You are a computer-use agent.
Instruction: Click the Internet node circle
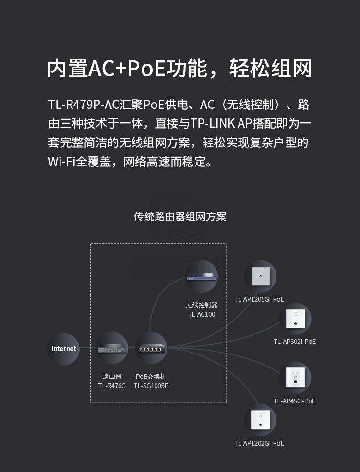(63, 349)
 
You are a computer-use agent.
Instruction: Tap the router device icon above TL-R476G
(112, 348)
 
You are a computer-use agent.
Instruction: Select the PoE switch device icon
(151, 348)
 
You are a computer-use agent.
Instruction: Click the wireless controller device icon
(202, 276)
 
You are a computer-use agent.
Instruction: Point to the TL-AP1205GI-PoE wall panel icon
(260, 276)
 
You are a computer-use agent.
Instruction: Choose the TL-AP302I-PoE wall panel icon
(295, 319)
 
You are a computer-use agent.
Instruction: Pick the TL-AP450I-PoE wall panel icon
(295, 378)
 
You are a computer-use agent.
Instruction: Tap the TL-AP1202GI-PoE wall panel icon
(260, 420)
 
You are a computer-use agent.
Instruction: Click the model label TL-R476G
(112, 386)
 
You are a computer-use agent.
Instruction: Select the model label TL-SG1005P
(151, 386)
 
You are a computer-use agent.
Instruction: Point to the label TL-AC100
(202, 314)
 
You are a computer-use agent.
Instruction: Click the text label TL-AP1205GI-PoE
(259, 299)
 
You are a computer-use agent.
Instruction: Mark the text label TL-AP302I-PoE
(295, 342)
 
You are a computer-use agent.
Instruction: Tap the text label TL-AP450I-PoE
(295, 401)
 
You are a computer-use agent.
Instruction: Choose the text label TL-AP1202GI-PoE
(259, 443)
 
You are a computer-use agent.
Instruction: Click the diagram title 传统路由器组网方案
(180, 217)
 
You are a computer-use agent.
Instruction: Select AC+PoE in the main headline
(127, 69)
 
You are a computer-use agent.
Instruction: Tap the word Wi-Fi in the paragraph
(62, 162)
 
